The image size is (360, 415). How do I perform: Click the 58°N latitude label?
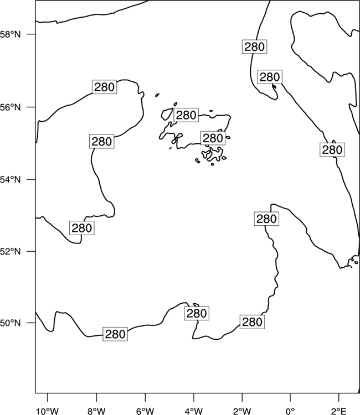pos(11,34)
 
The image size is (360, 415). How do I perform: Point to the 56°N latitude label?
pos(11,107)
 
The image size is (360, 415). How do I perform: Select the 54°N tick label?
pos(11,180)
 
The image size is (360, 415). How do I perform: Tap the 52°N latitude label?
pos(11,251)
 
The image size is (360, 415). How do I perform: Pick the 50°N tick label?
pos(11,323)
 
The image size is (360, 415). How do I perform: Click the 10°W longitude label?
pos(48,411)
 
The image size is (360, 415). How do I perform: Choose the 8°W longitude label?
pos(96,411)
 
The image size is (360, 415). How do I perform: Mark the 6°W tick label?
pos(145,411)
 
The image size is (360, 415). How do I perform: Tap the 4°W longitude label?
pos(194,411)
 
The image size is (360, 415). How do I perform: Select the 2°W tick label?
pos(242,411)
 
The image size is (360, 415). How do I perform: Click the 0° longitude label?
pos(290,411)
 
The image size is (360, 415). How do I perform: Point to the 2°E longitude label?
pos(339,411)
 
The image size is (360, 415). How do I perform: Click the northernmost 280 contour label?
pos(254,47)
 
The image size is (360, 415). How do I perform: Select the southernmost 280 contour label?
pos(115,334)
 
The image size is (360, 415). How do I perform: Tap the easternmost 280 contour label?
pos(332,150)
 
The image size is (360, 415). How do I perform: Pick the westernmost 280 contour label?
pos(82,228)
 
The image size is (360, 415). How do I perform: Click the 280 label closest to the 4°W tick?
pos(197,313)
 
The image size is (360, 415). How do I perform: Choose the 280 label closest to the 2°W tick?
pos(252,322)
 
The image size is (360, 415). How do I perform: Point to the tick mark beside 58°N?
pos(32,34)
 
